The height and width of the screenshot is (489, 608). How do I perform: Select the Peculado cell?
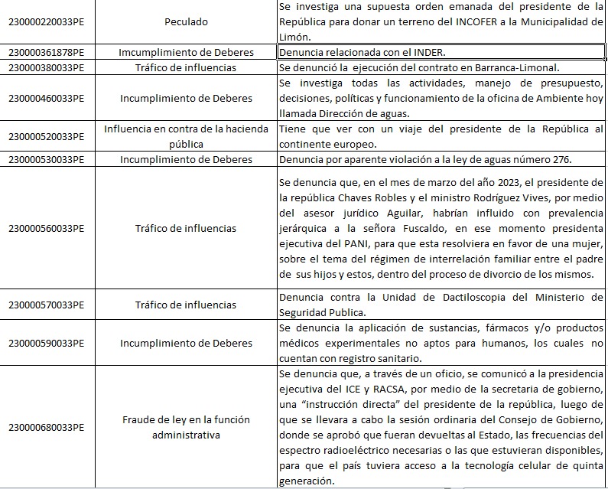(186, 22)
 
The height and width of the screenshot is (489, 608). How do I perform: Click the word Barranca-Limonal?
(516, 67)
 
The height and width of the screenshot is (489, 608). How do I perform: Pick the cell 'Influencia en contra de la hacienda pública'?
(186, 136)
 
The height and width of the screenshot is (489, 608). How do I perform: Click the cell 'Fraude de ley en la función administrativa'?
(186, 427)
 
